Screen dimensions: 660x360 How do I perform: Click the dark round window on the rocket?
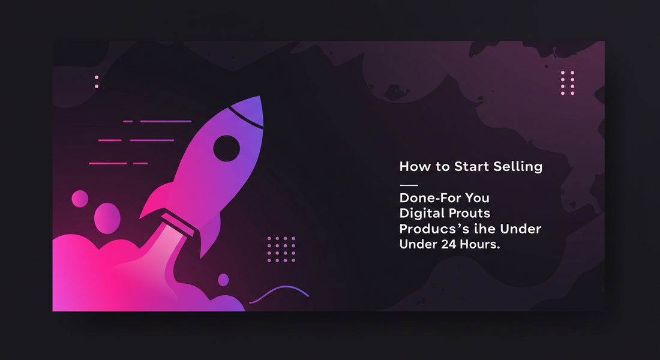226,148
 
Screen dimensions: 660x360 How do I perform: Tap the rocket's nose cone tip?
260,96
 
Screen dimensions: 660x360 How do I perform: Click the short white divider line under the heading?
409,185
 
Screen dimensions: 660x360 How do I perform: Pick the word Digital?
419,214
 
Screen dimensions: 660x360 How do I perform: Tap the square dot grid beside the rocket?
281,249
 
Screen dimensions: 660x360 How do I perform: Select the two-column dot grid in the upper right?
568,83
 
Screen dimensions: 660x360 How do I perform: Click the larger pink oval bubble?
107,218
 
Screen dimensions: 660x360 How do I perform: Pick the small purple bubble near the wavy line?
224,280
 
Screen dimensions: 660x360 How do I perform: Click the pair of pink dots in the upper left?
97,82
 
